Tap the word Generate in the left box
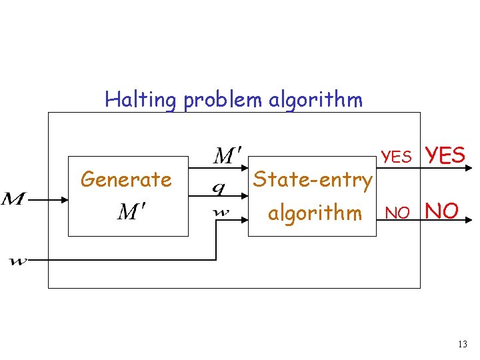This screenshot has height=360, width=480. pyautogui.click(x=126, y=179)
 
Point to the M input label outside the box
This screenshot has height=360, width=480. pyautogui.click(x=15, y=199)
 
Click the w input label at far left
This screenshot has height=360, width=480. pyautogui.click(x=18, y=261)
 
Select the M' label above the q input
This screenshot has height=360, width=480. pyautogui.click(x=227, y=157)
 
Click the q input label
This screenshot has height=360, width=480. pyautogui.click(x=218, y=189)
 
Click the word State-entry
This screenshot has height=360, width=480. pyautogui.click(x=312, y=179)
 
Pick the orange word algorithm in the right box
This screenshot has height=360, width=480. pyautogui.click(x=315, y=213)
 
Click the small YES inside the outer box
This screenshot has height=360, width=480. pyautogui.click(x=397, y=157)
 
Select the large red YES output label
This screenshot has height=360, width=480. pyautogui.click(x=445, y=155)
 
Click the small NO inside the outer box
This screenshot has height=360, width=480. pyautogui.click(x=398, y=213)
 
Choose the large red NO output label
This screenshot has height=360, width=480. pyautogui.click(x=441, y=211)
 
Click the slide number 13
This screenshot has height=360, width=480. pyautogui.click(x=463, y=345)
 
